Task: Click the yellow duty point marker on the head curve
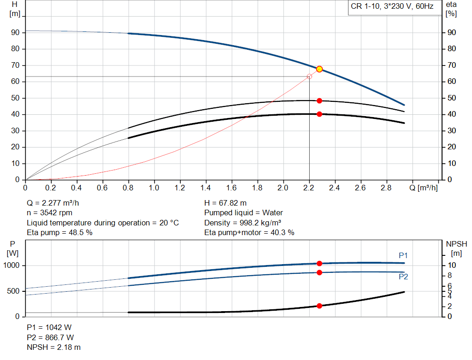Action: [x=319, y=69]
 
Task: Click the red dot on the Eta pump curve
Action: [x=319, y=100]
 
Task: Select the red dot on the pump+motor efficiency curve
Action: [x=319, y=114]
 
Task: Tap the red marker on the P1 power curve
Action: [x=319, y=263]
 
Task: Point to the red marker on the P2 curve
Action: [x=319, y=272]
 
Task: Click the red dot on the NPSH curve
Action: [x=319, y=306]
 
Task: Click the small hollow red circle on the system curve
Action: [x=309, y=77]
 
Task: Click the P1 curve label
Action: [x=403, y=255]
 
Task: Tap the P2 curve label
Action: [x=403, y=277]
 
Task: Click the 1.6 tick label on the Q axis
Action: [x=232, y=188]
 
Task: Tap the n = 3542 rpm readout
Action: [x=49, y=213]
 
